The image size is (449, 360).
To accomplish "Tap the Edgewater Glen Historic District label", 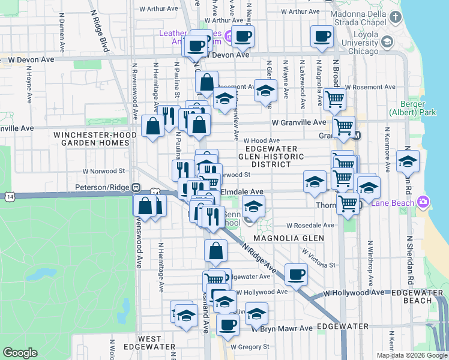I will [268, 156].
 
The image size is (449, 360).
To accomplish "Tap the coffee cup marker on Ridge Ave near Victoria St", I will [296, 274].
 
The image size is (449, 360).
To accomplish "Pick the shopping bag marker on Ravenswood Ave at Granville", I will [153, 125].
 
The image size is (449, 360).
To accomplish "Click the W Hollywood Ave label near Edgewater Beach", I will [353, 292].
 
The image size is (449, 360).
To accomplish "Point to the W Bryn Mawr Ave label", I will [282, 328].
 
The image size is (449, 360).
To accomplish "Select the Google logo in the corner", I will [20, 353].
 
